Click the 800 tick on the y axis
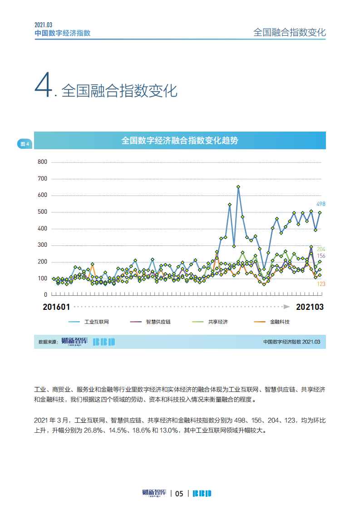point(42,162)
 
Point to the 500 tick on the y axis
point(42,212)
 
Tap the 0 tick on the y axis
point(45,295)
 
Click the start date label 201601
point(56,307)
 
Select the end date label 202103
point(310,307)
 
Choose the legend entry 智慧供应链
point(158,322)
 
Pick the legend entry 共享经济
point(217,322)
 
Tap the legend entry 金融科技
point(279,322)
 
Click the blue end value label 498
point(321,204)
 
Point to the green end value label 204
point(321,249)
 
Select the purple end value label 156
point(321,256)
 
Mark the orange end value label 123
point(321,284)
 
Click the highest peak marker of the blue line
point(238,186)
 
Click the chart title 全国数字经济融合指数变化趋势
point(180,141)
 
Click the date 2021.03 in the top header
point(44,25)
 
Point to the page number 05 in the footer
point(179,494)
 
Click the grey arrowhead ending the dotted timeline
point(286,307)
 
